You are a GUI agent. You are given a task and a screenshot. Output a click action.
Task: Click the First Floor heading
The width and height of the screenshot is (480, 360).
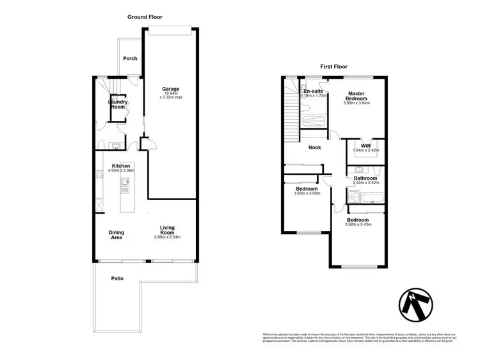(333, 66)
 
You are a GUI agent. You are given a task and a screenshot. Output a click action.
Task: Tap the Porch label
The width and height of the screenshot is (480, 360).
(130, 58)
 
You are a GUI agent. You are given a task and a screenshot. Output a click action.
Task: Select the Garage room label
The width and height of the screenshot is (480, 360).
(170, 89)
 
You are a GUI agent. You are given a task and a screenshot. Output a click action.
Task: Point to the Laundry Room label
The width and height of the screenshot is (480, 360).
(117, 104)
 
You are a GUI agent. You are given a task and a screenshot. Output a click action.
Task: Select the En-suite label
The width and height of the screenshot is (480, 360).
(313, 91)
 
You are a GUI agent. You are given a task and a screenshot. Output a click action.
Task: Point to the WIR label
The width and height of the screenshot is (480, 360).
(366, 146)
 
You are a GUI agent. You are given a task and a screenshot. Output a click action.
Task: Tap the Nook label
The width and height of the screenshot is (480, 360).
(314, 148)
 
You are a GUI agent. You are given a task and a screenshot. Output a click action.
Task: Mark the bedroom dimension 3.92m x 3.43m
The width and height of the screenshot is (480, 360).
(358, 224)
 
